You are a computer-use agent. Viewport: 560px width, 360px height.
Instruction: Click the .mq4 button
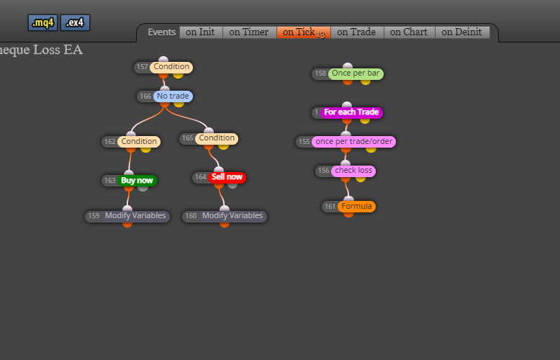(x=43, y=23)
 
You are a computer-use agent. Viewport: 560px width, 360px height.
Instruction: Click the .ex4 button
(x=75, y=23)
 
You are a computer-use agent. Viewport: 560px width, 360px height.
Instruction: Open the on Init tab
(x=201, y=32)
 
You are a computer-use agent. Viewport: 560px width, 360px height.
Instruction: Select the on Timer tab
(x=249, y=32)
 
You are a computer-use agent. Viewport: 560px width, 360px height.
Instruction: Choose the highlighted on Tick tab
(x=304, y=32)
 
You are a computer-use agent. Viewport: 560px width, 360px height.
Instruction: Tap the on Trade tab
(x=357, y=32)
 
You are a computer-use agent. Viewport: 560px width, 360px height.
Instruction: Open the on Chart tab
(x=409, y=32)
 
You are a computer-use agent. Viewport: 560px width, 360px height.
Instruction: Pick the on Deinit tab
(x=462, y=32)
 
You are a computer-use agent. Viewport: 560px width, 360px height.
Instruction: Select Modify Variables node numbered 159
(x=127, y=216)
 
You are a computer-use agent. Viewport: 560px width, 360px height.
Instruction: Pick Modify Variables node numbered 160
(x=225, y=216)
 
